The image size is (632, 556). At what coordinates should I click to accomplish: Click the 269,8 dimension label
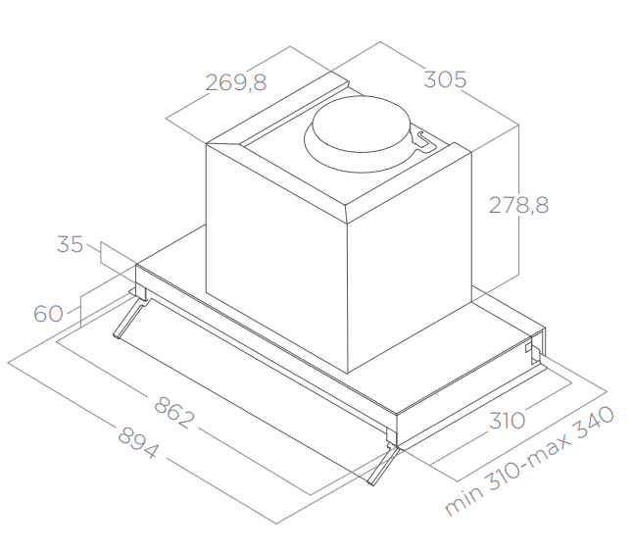point(236,82)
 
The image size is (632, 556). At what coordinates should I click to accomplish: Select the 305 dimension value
point(445,79)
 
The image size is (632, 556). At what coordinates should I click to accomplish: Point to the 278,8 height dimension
point(518,205)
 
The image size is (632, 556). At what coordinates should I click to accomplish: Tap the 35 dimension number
point(70,244)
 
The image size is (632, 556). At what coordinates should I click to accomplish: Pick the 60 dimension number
point(48,314)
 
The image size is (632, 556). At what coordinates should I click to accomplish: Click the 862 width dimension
point(174,413)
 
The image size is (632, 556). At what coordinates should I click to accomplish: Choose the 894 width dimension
point(138,443)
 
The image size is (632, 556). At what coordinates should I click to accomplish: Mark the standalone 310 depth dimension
point(507,421)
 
